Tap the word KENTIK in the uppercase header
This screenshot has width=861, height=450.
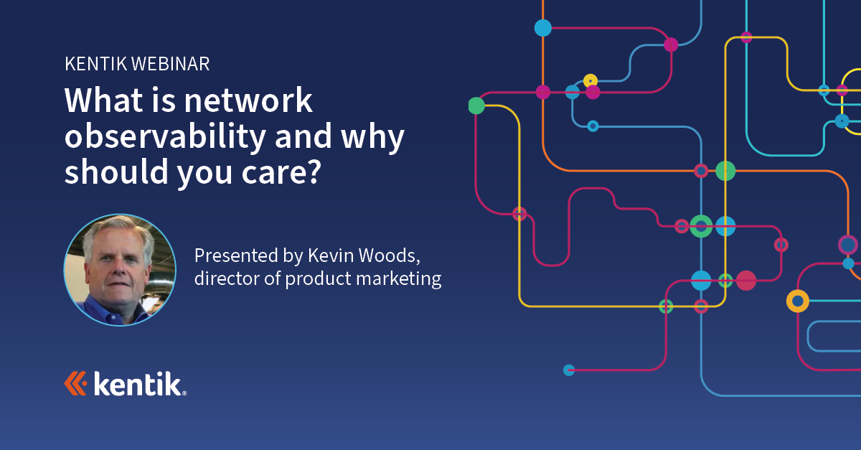pos(95,64)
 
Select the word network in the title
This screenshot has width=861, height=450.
pos(248,100)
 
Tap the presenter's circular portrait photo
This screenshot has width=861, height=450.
pos(120,270)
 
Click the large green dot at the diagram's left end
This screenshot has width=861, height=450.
pos(476,106)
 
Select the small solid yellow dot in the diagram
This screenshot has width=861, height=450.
pos(591,80)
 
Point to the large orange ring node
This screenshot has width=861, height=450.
pos(797,301)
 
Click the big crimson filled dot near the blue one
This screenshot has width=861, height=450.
pos(746,281)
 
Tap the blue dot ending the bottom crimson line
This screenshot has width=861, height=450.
pos(569,370)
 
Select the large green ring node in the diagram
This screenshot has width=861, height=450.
pos(701,226)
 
